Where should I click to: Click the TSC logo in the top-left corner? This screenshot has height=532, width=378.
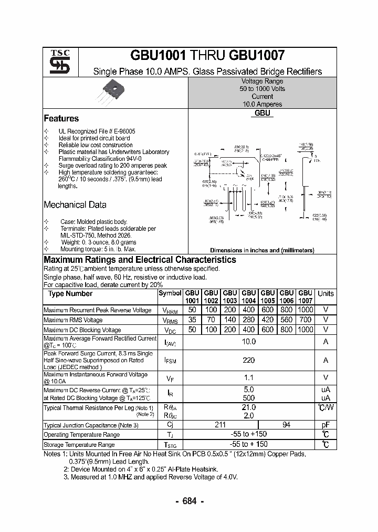(56, 62)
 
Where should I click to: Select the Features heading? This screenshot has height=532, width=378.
(61, 119)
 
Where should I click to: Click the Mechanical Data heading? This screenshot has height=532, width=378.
(75, 205)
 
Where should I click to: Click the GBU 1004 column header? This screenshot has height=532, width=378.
(249, 297)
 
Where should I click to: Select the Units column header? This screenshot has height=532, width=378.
(325, 293)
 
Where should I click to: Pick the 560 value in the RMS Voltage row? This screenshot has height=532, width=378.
(286, 320)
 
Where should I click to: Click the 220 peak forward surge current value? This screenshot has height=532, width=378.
(249, 361)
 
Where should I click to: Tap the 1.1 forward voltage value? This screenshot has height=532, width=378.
(249, 377)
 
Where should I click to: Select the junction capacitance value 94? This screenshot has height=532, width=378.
(286, 425)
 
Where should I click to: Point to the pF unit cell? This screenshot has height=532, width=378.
(325, 425)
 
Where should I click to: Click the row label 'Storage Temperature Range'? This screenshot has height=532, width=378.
(79, 445)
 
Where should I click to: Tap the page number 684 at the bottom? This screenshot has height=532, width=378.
(189, 501)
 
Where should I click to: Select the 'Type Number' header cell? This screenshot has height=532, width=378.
(70, 294)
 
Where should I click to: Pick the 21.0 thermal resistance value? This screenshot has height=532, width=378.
(249, 407)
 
